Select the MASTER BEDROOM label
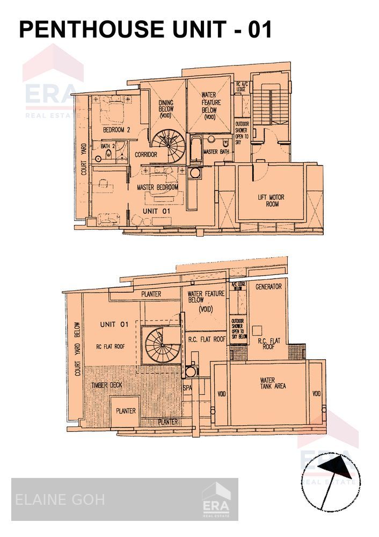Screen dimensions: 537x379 (x=157, y=187)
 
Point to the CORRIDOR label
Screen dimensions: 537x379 (x=145, y=155)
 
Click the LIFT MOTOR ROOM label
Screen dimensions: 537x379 (x=272, y=200)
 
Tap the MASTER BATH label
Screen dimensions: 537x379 (x=217, y=152)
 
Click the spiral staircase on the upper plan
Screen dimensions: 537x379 (x=167, y=143)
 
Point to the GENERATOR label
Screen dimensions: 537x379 (x=268, y=286)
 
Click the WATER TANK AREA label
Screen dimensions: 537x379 (x=273, y=382)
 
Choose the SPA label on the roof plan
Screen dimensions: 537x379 (x=187, y=387)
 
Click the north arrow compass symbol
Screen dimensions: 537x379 (x=330, y=480)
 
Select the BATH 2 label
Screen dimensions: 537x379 (x=108, y=146)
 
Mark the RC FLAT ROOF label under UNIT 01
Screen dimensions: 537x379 (x=111, y=346)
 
